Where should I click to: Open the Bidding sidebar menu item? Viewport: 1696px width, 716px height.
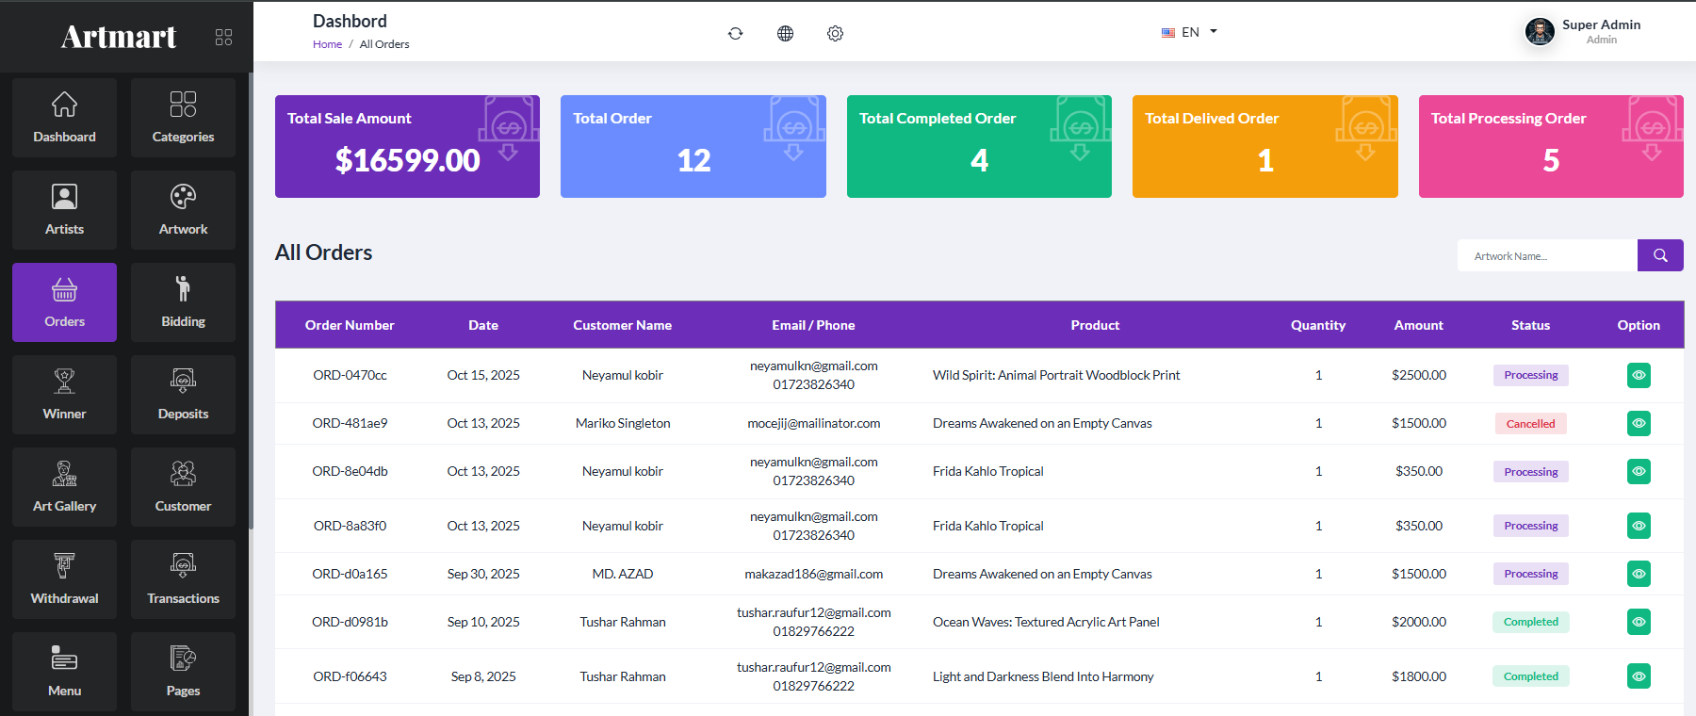point(183,302)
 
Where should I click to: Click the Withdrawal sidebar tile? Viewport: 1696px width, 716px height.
point(64,579)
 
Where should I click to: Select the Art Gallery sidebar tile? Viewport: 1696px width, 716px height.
point(64,487)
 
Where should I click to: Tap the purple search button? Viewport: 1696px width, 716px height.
point(1660,255)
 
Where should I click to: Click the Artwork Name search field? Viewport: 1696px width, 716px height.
point(1547,255)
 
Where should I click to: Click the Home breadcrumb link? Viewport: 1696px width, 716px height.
point(327,44)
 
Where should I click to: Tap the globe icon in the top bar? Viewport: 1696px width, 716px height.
point(785,34)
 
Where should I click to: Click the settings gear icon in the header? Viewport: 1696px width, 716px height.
point(835,34)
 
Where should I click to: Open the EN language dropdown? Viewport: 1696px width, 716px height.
point(1189,32)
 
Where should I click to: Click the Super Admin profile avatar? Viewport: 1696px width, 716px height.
point(1540,32)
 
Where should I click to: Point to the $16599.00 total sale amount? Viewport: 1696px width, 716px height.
point(407,160)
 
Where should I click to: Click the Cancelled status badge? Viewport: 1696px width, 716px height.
point(1531,424)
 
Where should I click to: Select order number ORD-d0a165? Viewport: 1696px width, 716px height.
point(350,574)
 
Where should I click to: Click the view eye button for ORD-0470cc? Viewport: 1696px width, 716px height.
point(1639,375)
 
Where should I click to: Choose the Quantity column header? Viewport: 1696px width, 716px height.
point(1318,325)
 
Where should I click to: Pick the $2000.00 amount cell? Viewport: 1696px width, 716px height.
point(1419,622)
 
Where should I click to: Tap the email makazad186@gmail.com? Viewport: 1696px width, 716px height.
point(814,574)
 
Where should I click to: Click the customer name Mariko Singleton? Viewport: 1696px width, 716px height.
point(623,423)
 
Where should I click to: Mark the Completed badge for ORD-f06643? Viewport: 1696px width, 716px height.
point(1531,676)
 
